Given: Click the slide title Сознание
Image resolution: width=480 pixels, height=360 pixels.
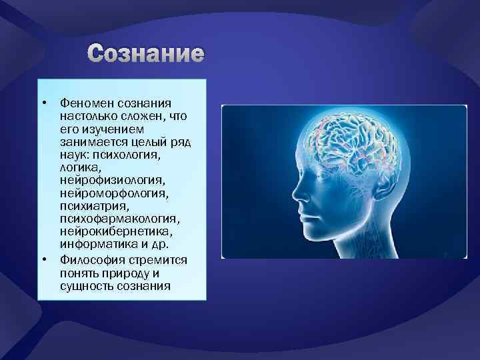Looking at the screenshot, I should coord(146,54).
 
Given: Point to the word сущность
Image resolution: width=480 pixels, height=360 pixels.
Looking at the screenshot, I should coord(82,285).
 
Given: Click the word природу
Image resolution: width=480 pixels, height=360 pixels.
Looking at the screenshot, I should coord(132,273).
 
